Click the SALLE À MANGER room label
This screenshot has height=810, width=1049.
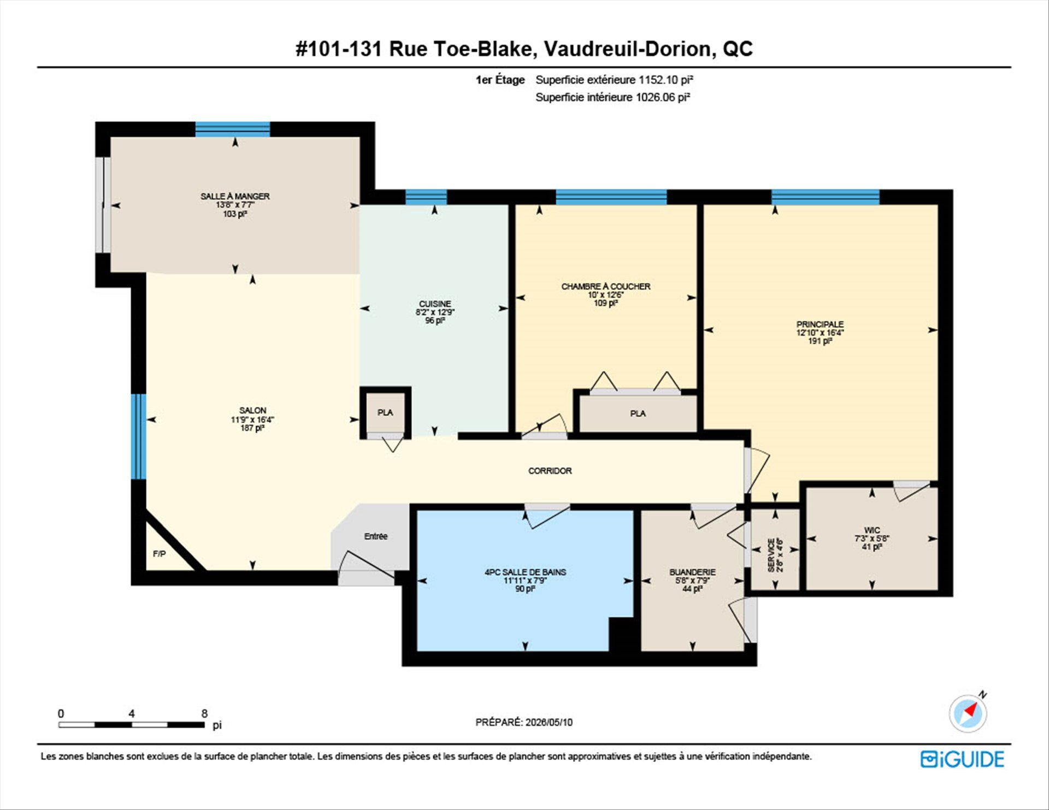pos(235,196)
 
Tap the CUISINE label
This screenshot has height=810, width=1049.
pos(435,304)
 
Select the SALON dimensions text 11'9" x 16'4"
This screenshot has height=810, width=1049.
pos(252,419)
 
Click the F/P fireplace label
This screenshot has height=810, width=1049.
pos(159,554)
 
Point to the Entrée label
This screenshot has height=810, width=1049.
pos(376,536)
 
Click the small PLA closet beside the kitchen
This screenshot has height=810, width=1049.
pos(385,412)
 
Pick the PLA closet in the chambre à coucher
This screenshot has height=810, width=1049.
pos(638,413)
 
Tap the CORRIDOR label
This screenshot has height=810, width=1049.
pos(550,471)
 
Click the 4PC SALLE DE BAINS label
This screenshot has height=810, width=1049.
pos(525,572)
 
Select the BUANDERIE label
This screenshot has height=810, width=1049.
pos(692,572)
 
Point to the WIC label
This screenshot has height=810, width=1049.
pos(872,530)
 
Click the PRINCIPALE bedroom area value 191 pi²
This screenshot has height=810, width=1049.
pos(820,341)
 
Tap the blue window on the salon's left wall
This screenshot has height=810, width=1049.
pos(138,436)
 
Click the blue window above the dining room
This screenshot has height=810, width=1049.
pos(233,129)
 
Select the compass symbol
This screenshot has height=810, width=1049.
pos(968,713)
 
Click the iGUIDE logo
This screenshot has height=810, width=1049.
pos(962,759)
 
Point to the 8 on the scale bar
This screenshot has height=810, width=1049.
pos(204,713)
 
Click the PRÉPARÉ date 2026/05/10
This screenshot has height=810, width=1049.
pos(549,722)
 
